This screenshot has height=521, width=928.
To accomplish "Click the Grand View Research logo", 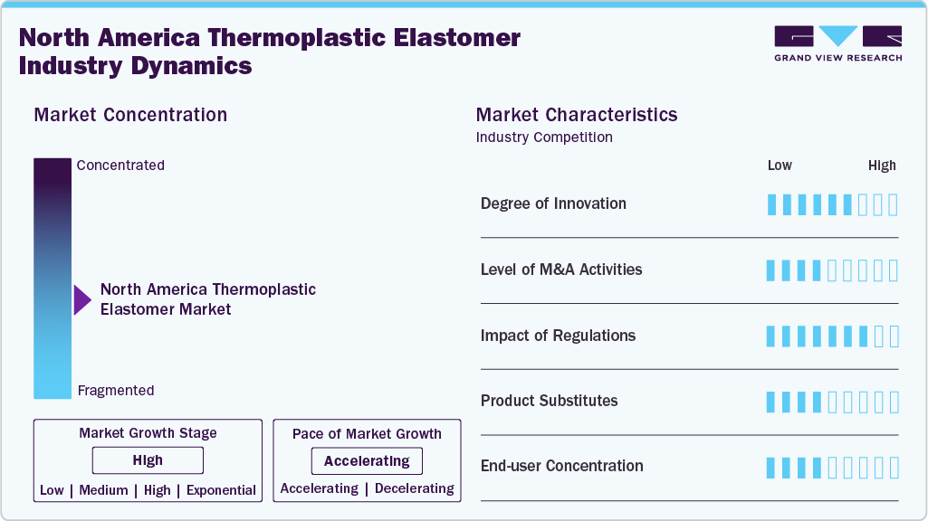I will [837, 43].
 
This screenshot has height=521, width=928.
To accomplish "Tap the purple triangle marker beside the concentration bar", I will [81, 299].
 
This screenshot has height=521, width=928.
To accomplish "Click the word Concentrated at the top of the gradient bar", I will [120, 166].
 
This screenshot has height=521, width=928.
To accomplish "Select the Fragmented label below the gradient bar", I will [116, 391].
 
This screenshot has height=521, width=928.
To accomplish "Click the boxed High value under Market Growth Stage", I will [148, 460].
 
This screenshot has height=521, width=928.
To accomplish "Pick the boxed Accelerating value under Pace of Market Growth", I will [367, 461].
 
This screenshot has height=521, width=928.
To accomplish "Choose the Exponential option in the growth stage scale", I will [221, 490].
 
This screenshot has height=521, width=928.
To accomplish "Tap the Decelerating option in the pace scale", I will [415, 488].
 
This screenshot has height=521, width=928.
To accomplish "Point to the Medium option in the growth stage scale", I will [103, 490].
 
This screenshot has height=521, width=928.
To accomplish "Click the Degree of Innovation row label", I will [553, 204].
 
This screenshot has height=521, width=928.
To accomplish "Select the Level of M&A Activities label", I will [561, 270].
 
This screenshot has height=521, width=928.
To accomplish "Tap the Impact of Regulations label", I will [558, 336].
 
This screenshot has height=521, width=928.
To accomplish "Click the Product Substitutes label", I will [549, 401].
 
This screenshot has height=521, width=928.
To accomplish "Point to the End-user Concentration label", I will [562, 466].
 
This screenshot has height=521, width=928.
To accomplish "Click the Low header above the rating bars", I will [780, 166].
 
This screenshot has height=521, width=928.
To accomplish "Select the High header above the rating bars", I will [882, 166].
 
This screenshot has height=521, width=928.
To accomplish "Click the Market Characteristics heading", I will [577, 115].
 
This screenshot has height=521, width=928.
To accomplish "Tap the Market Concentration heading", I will [130, 115].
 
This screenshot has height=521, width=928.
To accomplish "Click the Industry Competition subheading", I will [544, 137].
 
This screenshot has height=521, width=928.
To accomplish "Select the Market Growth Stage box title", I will [148, 433].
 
